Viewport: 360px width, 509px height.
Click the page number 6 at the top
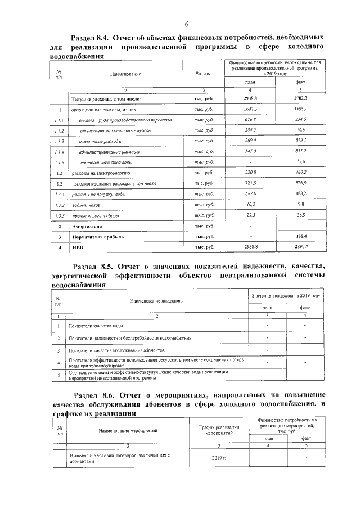pos(186,23)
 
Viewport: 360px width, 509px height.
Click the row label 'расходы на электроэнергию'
pos(101,173)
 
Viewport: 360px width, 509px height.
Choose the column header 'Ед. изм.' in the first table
pos(203,74)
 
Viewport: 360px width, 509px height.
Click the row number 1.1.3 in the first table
pos(58,141)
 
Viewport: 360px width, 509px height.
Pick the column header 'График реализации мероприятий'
pos(216,431)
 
